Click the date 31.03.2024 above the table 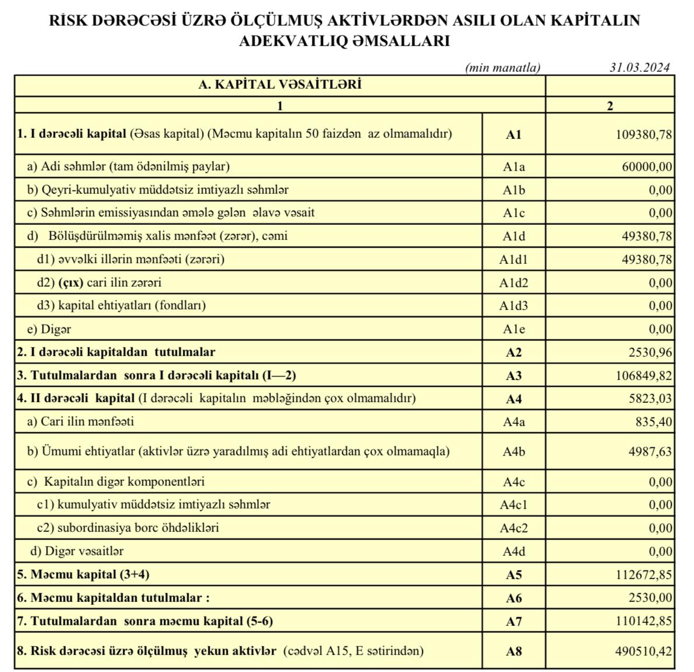pos(639,68)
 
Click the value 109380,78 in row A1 pos(644,134)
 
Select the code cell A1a pos(513,167)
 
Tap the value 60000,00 pos(647,167)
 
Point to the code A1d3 pos(513,306)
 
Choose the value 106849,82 pos(644,376)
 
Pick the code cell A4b pos(513,452)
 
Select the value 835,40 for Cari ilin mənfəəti pos(654,422)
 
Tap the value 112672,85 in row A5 pos(644,575)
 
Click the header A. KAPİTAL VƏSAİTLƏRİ pos(280,85)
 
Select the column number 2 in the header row pos(610,106)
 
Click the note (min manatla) pos(503,68)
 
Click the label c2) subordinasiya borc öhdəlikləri pos(128,528)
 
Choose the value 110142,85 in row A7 pos(644,621)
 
